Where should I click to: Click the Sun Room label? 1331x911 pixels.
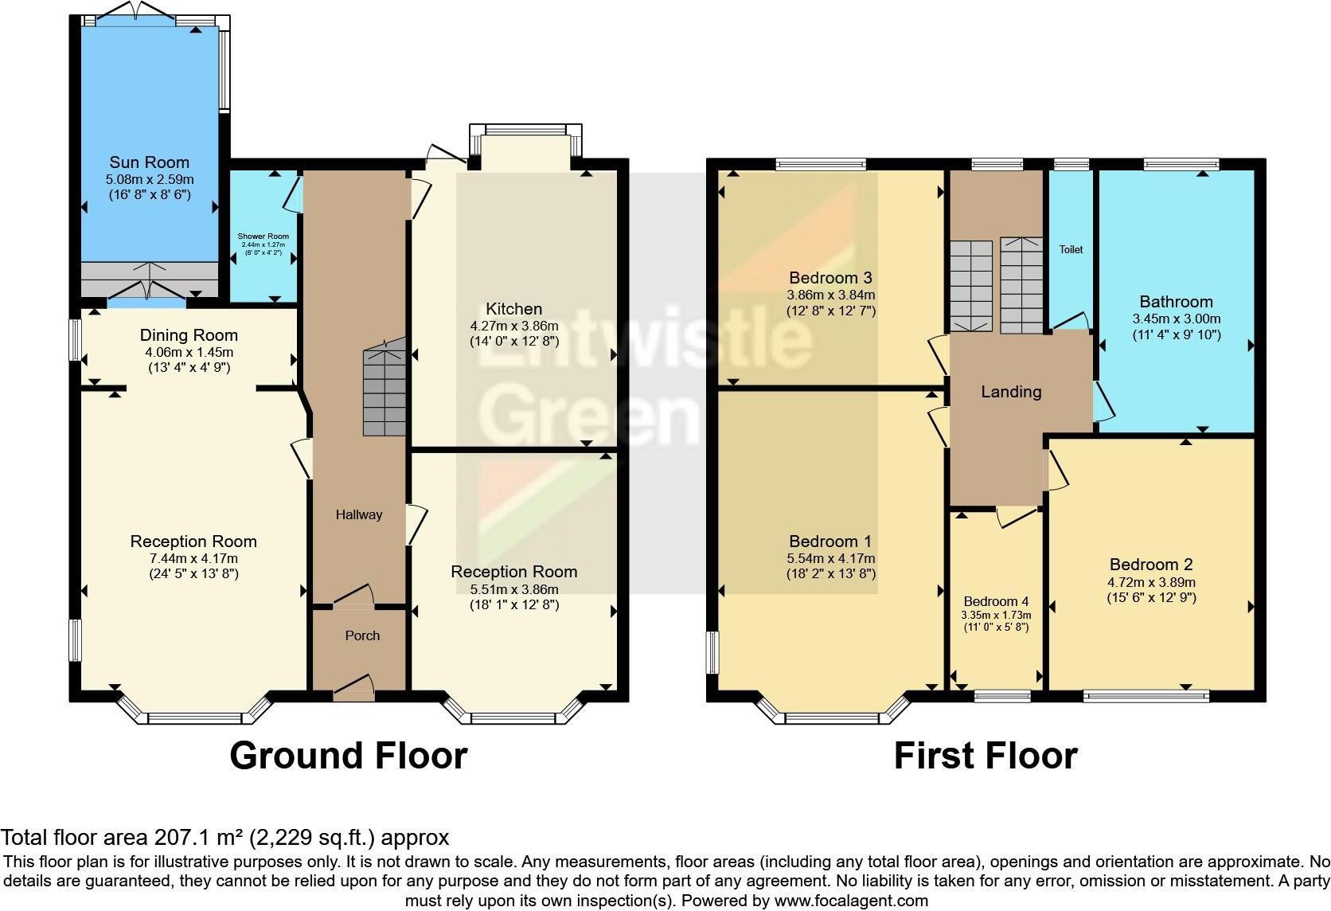[x=149, y=163]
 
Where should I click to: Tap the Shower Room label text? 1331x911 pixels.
[x=263, y=237]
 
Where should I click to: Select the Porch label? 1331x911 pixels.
[x=362, y=635]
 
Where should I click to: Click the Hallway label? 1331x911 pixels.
[x=358, y=514]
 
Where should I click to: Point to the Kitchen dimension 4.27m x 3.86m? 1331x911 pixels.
[x=513, y=326]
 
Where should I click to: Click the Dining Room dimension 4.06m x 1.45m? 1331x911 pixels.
[x=189, y=352]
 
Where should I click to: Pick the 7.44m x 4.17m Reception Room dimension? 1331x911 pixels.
[x=193, y=558]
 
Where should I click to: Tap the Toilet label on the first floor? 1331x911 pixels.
[x=1071, y=249]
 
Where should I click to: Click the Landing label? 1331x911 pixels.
[x=1011, y=392]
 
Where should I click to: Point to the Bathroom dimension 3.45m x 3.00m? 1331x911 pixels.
[x=1176, y=319]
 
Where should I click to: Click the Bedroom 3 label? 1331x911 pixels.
[x=830, y=278]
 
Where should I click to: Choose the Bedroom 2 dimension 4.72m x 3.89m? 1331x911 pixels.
[x=1151, y=582]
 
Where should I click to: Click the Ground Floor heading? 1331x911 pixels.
[x=348, y=755]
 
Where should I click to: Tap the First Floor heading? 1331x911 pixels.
[x=985, y=755]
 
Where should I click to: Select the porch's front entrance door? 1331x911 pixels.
[x=353, y=690]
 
